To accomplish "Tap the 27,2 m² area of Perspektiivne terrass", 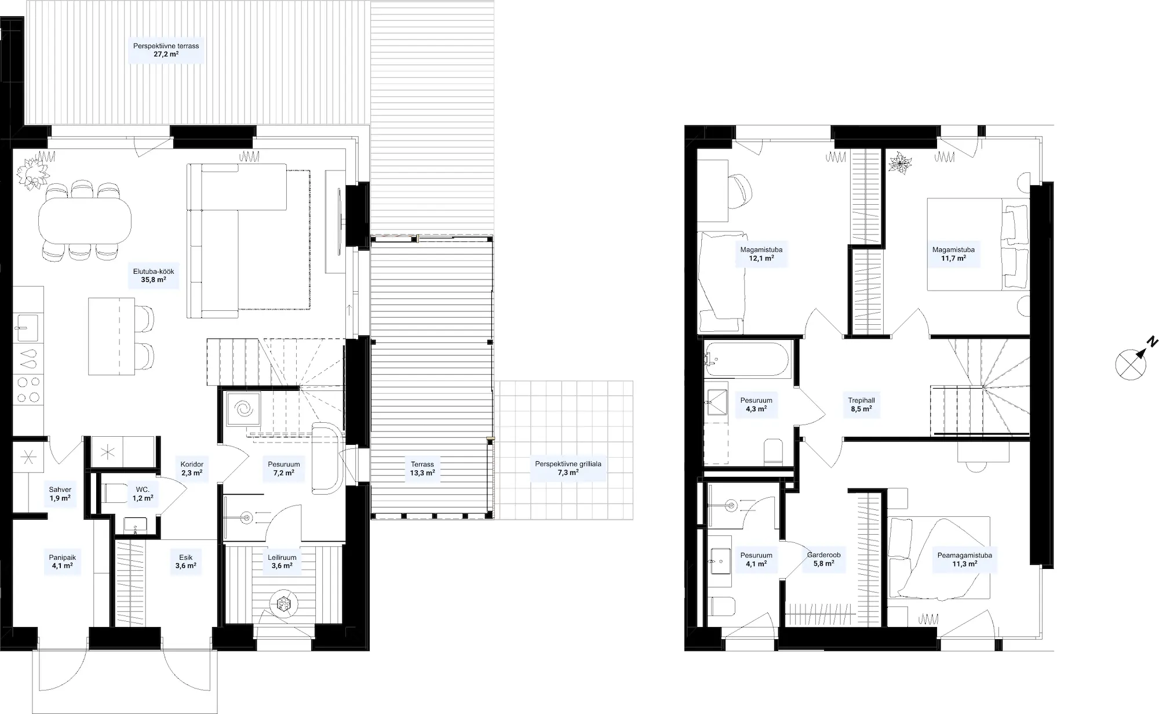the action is coord(166,55).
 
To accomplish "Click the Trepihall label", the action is coord(861,400).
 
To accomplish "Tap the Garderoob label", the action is coord(823,555).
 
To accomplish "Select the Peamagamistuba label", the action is coord(964,555).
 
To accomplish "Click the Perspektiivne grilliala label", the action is coord(568,464).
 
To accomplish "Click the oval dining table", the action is coord(85,220).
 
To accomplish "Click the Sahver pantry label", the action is coord(60,490).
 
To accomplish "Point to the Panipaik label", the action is coord(62,557).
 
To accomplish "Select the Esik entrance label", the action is coord(185,557).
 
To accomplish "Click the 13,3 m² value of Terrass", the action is coord(422,473).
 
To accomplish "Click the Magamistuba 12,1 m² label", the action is coord(761,254).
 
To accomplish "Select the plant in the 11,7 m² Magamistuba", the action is coord(900,163).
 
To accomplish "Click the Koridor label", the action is coord(192,465).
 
